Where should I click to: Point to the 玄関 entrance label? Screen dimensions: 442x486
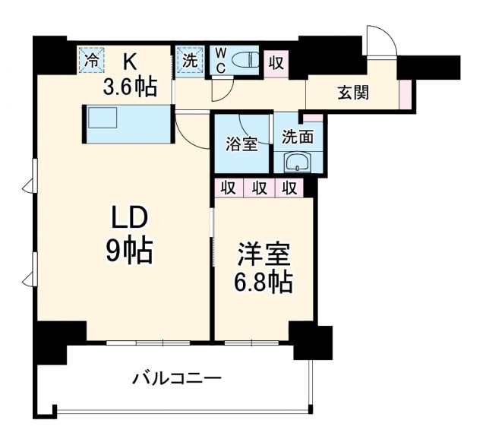coord(352,93)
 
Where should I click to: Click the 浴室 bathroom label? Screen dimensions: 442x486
coord(241,144)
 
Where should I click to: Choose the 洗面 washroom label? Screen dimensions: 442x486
coord(297,138)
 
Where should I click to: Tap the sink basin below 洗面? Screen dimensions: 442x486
coord(297,161)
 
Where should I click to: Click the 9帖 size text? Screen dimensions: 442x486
coord(128,250)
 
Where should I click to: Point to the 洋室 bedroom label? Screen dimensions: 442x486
coord(263,252)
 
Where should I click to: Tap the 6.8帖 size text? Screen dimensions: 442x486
coord(263,283)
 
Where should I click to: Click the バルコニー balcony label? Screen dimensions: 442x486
coord(175,377)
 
